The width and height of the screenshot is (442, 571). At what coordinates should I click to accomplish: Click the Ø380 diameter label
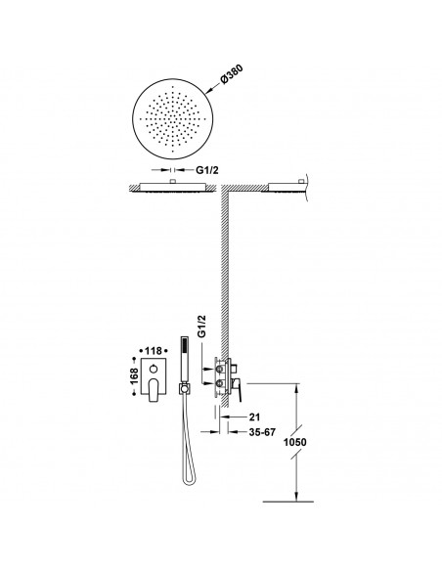[232, 74]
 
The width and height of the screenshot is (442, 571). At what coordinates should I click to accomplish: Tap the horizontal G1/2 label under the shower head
[207, 170]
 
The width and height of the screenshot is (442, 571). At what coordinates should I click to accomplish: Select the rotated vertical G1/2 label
[202, 327]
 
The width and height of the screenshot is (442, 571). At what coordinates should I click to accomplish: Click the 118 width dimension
[153, 351]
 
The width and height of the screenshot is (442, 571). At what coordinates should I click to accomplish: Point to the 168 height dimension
[134, 376]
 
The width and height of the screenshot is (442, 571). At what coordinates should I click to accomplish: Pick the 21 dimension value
[254, 417]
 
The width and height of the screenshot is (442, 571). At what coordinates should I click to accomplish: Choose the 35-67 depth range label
[262, 432]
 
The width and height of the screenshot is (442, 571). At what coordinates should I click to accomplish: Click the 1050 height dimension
[295, 442]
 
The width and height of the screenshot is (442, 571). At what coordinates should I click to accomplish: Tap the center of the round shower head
[172, 118]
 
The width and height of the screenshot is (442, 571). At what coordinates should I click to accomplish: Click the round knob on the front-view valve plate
[154, 370]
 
